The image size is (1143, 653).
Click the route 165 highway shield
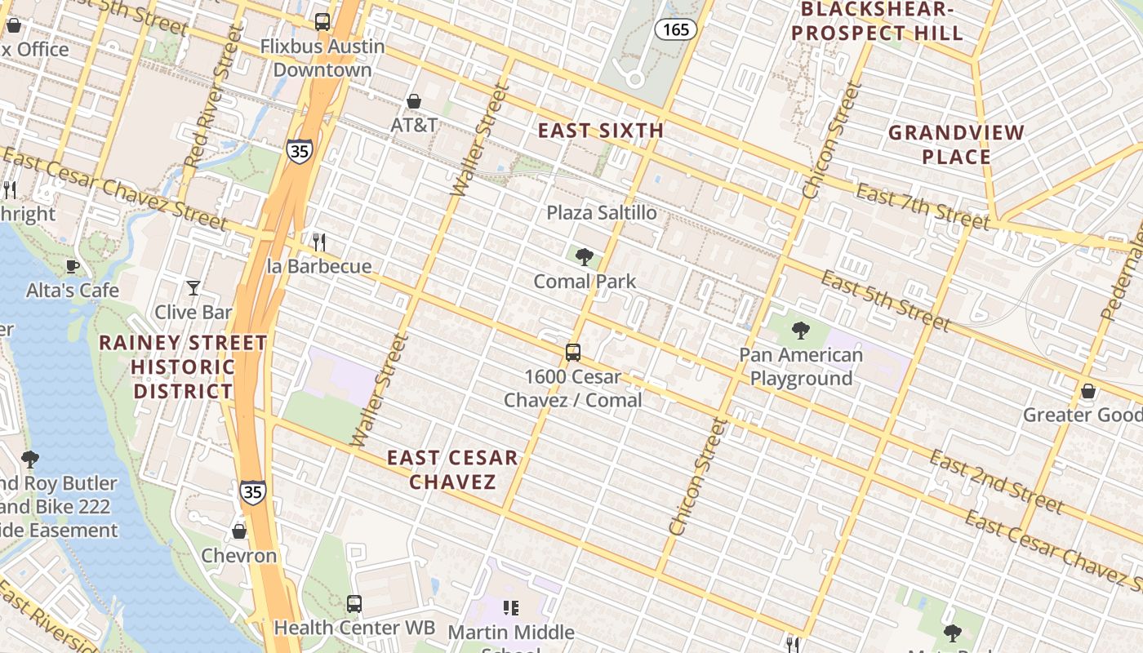coord(676,30)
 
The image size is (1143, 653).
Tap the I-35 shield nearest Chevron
coord(253,491)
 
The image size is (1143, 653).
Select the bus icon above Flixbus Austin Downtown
coord(322,22)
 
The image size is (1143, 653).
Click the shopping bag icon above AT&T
coord(414,101)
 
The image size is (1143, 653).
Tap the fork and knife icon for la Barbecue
coord(319,242)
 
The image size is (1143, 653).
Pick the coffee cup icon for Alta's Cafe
coord(73,266)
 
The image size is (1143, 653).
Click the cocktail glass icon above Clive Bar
coord(193,287)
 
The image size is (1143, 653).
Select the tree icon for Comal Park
coord(584,258)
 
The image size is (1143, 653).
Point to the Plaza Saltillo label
coord(601,213)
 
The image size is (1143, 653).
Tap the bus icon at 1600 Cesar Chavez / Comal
coord(573,353)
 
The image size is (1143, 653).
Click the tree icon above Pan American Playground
coord(800,331)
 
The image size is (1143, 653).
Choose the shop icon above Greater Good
coord(1087,391)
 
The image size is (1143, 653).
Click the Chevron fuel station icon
coord(239,531)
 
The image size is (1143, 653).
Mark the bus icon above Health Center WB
coord(354,604)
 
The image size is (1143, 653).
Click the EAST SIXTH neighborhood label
coord(600,131)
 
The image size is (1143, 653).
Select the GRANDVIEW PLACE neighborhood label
coord(955,144)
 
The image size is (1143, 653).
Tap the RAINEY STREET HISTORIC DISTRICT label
coord(183,366)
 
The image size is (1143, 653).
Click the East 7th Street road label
coord(923,208)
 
